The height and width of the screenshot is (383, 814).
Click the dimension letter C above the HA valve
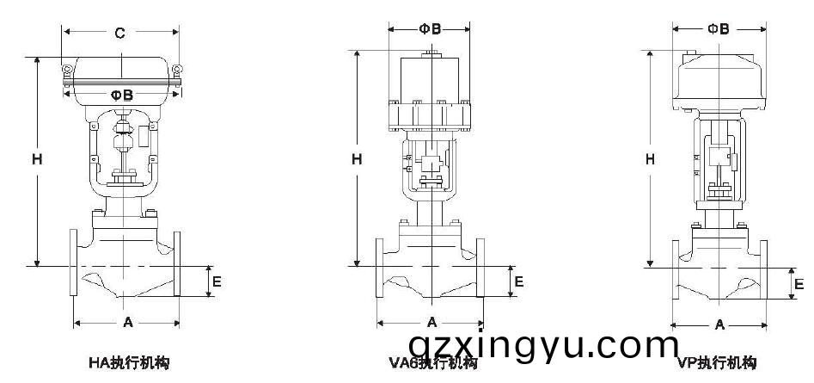click(x=120, y=34)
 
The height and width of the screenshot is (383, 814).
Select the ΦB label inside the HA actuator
click(x=121, y=95)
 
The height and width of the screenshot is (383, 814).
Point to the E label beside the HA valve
click(x=217, y=281)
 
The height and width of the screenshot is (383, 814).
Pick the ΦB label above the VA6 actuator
click(x=430, y=28)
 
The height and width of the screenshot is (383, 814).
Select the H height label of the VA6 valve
click(x=357, y=159)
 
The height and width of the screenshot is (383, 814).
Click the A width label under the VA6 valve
click(x=432, y=322)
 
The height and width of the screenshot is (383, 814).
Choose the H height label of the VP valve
click(x=651, y=159)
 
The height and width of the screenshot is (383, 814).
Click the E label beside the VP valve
click(x=799, y=283)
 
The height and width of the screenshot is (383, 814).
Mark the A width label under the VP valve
click(x=719, y=324)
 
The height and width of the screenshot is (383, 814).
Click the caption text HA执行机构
click(x=129, y=363)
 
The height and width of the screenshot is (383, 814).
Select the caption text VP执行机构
click(x=716, y=363)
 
